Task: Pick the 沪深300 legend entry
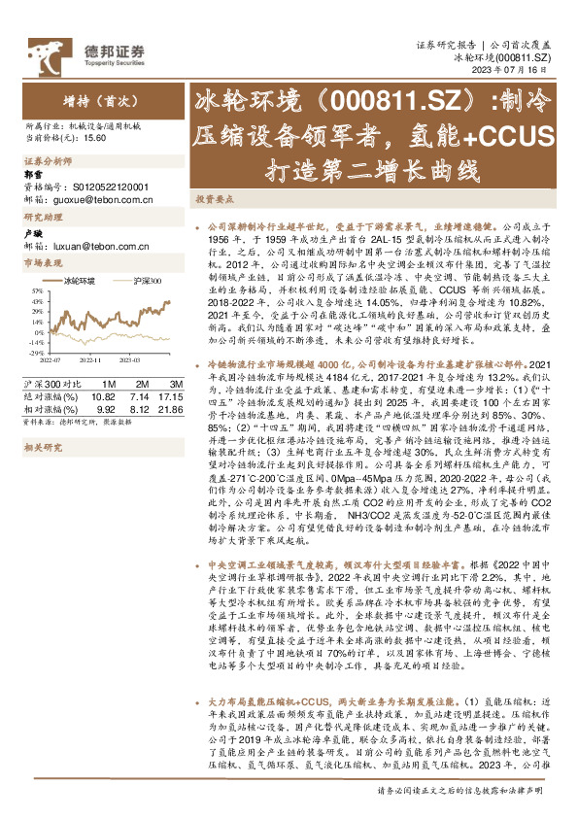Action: pos(145,281)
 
